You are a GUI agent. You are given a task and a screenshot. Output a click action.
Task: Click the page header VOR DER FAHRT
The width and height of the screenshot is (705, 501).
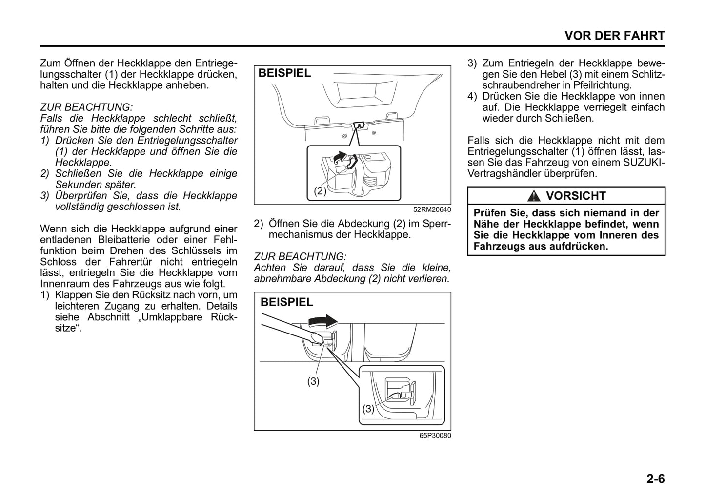(x=614, y=36)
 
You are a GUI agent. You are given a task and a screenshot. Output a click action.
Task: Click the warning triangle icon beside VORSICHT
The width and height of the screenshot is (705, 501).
(x=535, y=196)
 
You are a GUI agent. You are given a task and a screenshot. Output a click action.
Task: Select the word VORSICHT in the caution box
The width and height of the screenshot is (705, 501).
(x=576, y=196)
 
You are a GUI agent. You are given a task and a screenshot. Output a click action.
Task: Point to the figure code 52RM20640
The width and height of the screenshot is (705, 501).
(x=432, y=209)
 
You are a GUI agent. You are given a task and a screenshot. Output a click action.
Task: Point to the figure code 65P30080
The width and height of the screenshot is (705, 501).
(x=435, y=436)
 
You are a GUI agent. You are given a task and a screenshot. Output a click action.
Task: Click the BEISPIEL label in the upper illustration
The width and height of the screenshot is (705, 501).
(x=284, y=73)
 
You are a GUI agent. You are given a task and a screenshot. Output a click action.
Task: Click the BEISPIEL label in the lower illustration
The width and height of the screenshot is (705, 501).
(x=286, y=302)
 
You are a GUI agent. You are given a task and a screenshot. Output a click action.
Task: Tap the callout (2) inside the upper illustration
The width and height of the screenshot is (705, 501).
(x=320, y=191)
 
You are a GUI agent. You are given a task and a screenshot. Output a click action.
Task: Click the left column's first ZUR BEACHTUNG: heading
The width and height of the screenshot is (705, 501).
(x=86, y=107)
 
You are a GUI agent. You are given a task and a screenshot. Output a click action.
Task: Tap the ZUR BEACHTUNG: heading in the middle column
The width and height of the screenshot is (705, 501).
(x=300, y=256)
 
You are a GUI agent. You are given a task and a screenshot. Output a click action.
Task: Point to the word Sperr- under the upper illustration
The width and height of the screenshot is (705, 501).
(x=438, y=224)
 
